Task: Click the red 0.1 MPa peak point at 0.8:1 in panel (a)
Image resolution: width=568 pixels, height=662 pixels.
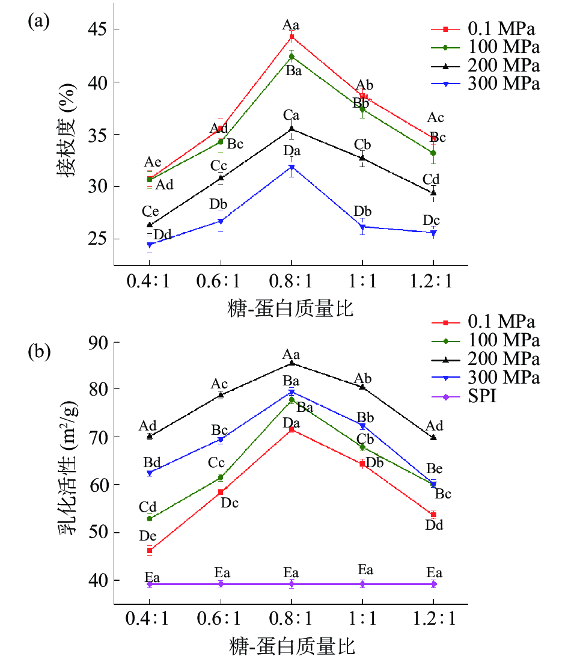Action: [292, 37]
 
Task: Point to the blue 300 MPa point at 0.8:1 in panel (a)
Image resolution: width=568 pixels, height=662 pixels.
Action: [292, 167]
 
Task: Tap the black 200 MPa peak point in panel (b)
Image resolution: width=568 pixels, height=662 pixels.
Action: [292, 363]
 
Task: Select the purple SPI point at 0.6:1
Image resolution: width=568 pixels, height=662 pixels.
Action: [221, 584]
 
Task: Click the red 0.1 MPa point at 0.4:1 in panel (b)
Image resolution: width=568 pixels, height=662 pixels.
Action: [150, 550]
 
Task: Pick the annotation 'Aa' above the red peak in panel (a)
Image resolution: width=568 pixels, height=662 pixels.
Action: [291, 25]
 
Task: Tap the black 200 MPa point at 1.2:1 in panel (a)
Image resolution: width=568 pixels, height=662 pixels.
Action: [433, 192]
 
